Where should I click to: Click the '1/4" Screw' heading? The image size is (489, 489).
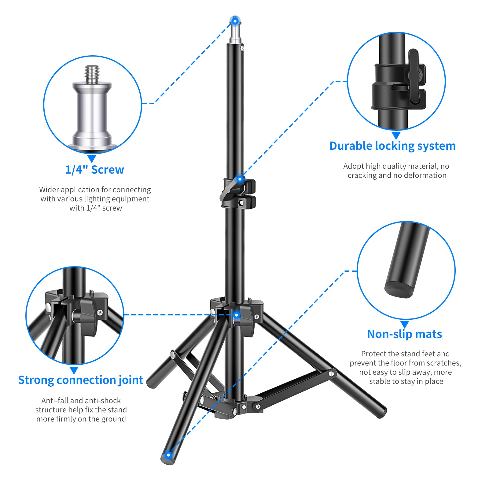click(94, 170)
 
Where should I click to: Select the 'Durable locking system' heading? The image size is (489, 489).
click(392, 146)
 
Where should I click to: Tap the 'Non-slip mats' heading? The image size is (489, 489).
click(404, 334)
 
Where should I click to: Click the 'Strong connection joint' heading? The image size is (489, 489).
click(81, 380)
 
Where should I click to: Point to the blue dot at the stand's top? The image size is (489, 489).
click(235, 21)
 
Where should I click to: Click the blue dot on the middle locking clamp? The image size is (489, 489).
click(240, 179)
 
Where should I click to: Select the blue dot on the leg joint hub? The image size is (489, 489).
click(237, 315)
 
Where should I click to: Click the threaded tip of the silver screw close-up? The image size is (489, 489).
click(92, 73)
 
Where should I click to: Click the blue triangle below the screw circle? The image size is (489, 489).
click(92, 159)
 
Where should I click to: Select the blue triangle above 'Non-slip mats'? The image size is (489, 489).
click(405, 324)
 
